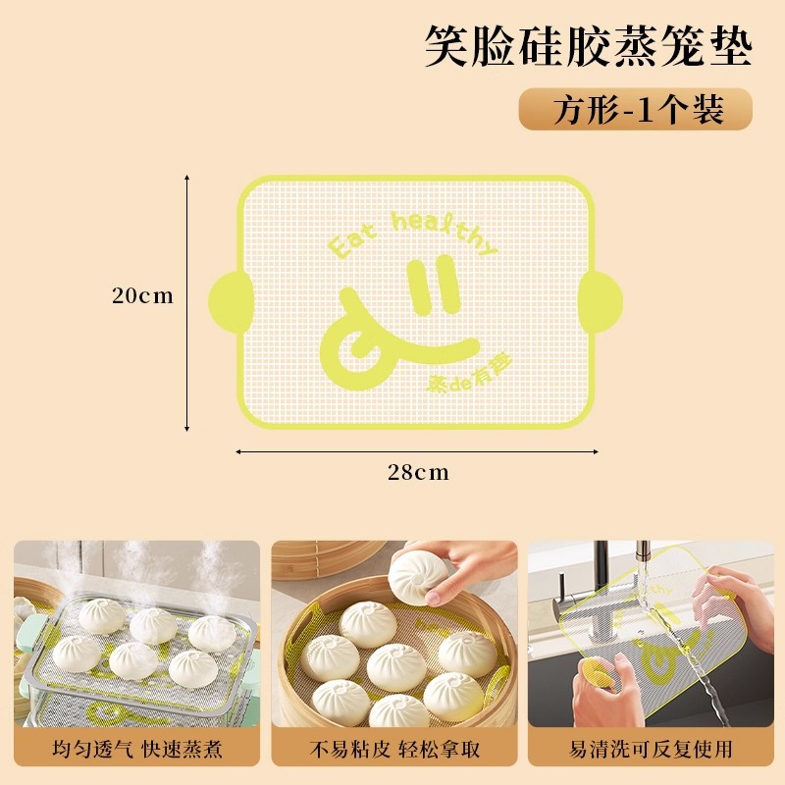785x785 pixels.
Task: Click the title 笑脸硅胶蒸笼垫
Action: point(589,46)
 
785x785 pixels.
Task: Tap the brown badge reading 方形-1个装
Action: point(635,109)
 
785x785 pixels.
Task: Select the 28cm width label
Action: point(417,473)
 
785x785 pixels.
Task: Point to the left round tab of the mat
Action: point(227,299)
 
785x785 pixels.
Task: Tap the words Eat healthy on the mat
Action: point(412,234)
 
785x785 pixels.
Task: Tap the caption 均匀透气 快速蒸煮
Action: point(137,750)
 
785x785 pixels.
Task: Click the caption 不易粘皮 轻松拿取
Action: point(395,750)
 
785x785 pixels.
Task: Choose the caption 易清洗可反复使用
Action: point(651,750)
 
